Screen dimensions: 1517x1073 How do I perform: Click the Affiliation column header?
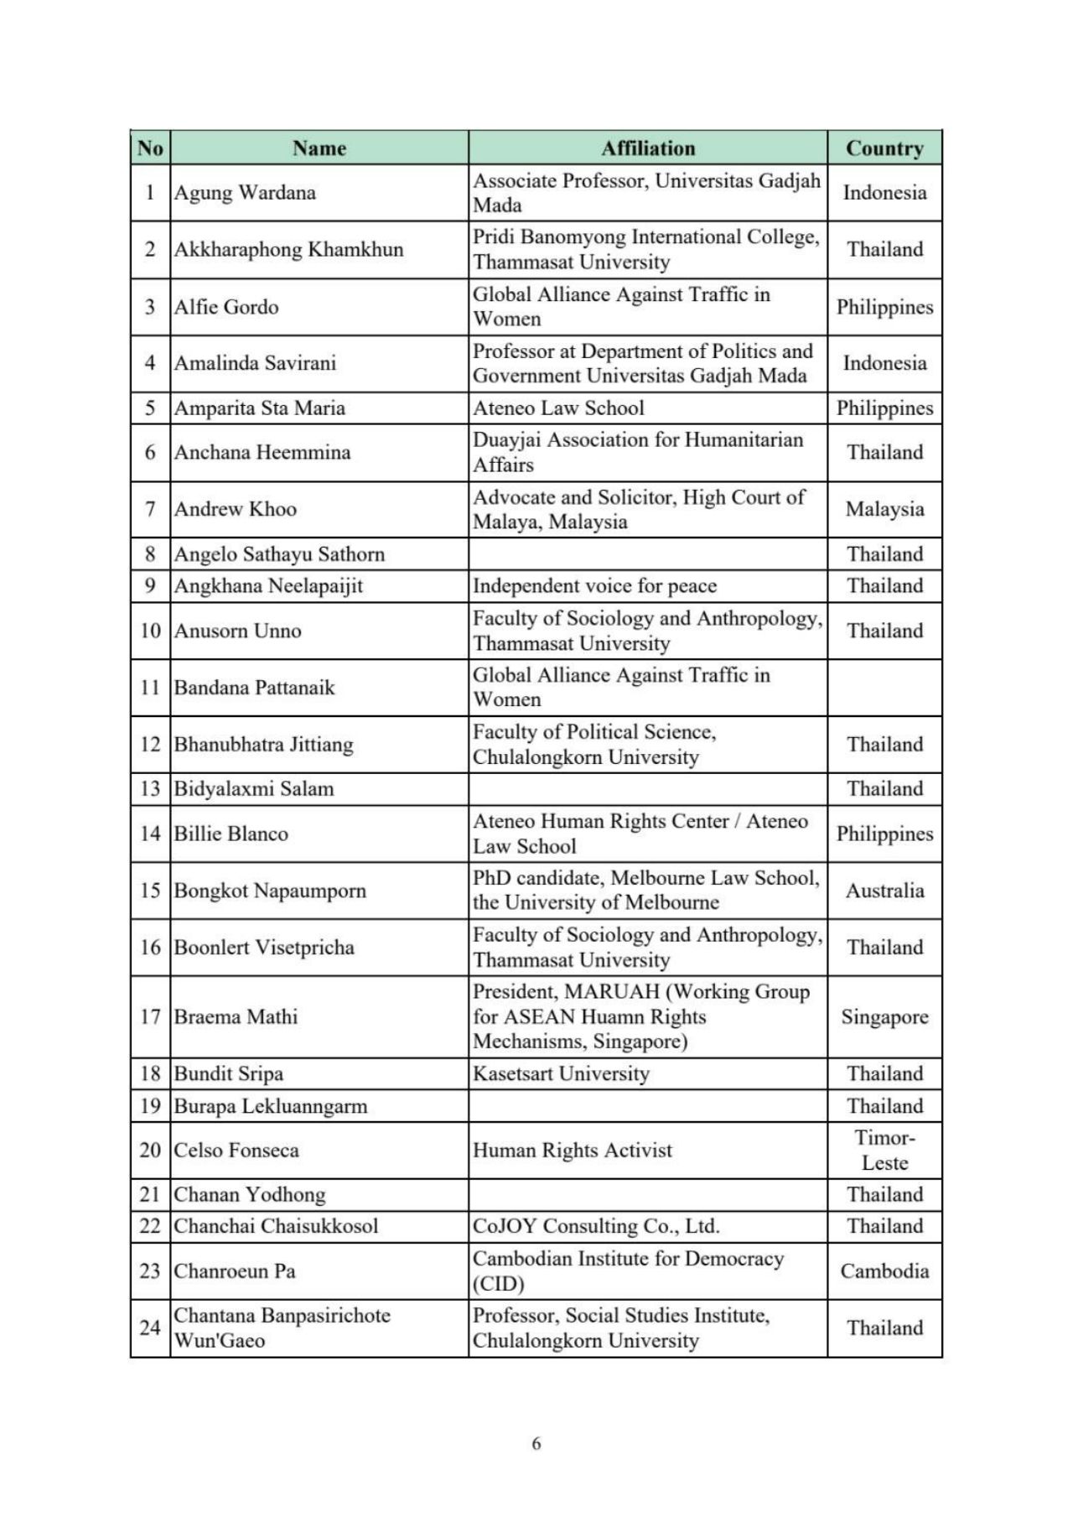[648, 148]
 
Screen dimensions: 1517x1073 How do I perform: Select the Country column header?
[884, 148]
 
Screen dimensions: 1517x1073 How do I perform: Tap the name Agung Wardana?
[245, 193]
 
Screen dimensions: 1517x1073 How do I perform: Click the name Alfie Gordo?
[226, 307]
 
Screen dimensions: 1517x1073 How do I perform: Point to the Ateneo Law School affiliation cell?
[558, 408]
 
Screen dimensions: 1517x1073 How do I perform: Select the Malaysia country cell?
[884, 509]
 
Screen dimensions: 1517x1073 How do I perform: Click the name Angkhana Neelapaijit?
[268, 586]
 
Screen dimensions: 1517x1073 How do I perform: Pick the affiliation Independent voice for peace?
[594, 586]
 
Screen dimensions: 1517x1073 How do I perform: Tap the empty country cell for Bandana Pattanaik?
[884, 688]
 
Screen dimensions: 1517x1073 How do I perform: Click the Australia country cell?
[884, 891]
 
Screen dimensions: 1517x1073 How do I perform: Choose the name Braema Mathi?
[236, 1017]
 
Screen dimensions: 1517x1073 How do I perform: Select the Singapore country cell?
[884, 1017]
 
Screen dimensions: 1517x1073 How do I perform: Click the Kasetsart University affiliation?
[561, 1074]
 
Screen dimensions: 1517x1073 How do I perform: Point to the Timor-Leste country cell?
[884, 1151]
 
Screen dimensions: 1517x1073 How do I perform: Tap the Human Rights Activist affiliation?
[573, 1151]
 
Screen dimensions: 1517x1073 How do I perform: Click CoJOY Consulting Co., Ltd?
[596, 1226]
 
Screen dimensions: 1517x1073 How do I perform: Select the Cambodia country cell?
[884, 1271]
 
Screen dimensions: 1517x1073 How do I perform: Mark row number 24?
[150, 1328]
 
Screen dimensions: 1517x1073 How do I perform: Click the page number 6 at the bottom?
[536, 1443]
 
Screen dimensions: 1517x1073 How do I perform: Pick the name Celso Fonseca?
[236, 1151]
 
